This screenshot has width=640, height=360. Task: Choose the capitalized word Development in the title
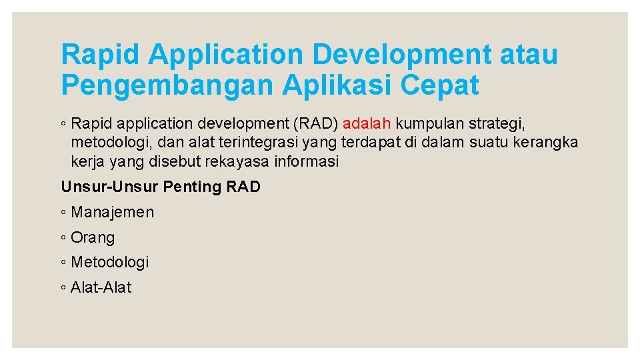pos(400,55)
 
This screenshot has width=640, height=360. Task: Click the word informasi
pos(310,161)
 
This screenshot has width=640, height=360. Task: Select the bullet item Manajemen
pos(112,212)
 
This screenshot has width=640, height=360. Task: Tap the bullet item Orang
pos(93,237)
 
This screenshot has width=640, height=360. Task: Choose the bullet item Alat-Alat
pos(101,287)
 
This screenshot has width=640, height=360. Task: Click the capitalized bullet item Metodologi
pos(110,262)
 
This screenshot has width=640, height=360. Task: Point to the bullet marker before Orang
pos(63,238)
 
